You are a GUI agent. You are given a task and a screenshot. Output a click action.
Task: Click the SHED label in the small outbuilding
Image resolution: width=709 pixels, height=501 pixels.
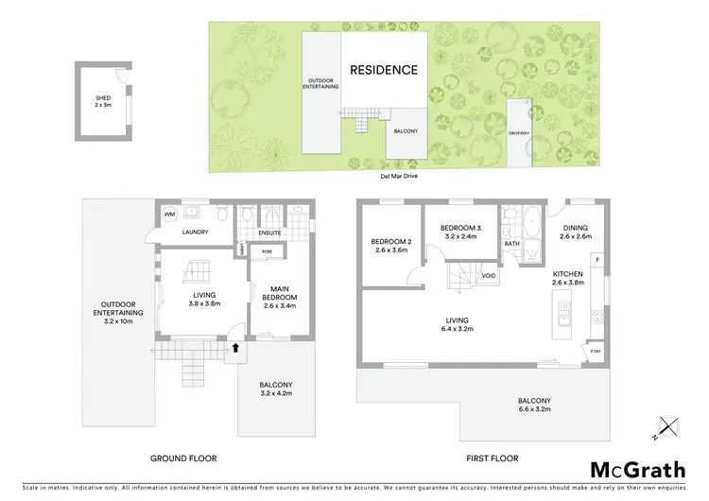(x=102, y=101)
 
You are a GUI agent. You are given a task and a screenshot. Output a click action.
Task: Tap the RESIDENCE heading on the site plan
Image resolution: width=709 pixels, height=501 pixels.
(x=383, y=70)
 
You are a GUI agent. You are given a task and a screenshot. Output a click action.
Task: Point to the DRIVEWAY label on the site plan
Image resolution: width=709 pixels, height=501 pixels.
(x=519, y=134)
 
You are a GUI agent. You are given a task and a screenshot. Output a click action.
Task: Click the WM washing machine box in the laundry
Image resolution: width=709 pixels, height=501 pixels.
(x=170, y=215)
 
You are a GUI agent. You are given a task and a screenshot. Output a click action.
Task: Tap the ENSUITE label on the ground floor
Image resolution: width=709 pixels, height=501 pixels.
(x=272, y=233)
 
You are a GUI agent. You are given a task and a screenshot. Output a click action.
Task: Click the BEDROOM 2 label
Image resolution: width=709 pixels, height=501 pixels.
(x=389, y=246)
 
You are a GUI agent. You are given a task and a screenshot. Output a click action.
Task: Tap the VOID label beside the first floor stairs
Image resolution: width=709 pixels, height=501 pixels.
(x=489, y=276)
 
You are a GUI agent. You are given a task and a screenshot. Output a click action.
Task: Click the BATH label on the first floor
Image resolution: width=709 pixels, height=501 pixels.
(x=512, y=244)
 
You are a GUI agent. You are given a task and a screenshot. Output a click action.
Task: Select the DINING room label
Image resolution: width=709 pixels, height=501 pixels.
(x=575, y=232)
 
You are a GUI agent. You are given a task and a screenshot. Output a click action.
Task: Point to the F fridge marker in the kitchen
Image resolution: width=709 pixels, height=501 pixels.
(x=598, y=259)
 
